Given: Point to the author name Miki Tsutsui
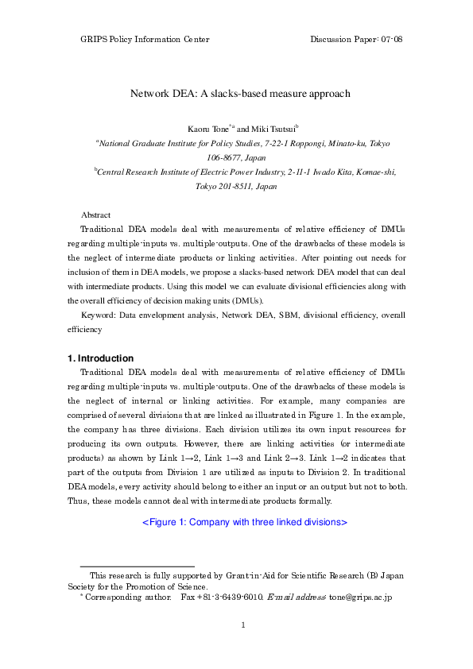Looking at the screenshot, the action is (x=273, y=129).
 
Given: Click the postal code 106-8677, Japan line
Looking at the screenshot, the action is (x=236, y=157).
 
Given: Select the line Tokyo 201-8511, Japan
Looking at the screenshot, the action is (x=236, y=186).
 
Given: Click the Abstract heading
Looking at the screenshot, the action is (x=95, y=215).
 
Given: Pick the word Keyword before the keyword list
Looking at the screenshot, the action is (x=98, y=315).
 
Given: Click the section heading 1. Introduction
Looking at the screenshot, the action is (x=100, y=358).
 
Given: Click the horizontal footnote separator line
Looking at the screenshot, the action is (x=138, y=565).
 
